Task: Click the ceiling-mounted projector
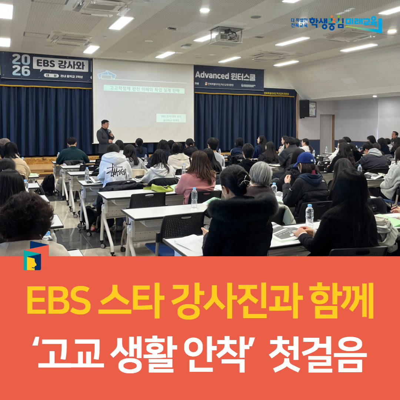click(x=226, y=36)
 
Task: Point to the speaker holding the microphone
click(x=104, y=136)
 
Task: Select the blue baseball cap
click(x=304, y=159)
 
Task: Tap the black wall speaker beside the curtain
click(x=304, y=109)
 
